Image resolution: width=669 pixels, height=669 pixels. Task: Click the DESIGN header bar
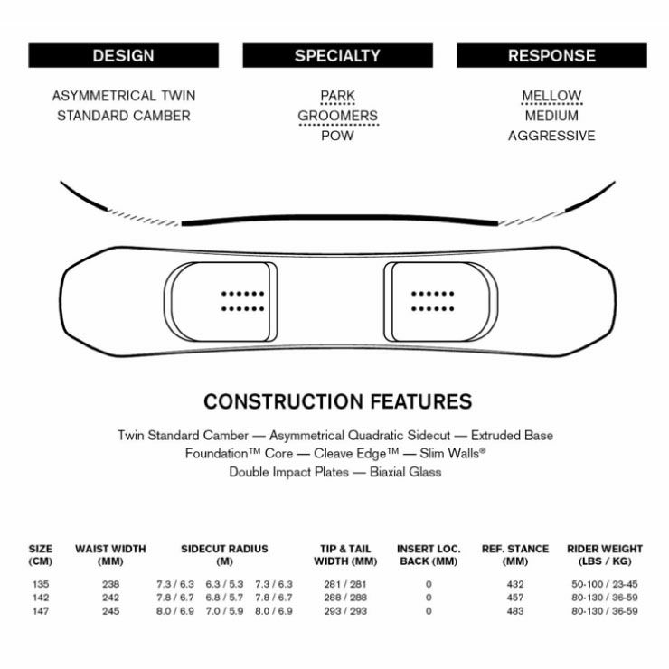[124, 56]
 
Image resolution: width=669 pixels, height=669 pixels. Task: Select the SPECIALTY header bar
[337, 56]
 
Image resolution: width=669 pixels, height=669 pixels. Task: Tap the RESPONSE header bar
[551, 56]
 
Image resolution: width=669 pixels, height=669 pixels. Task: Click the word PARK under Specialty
[337, 96]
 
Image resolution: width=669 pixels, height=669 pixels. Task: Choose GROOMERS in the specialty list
[337, 116]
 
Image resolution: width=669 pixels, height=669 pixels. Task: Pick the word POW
[337, 136]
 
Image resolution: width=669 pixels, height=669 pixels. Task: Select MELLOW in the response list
[551, 96]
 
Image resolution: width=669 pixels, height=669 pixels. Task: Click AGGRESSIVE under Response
[551, 136]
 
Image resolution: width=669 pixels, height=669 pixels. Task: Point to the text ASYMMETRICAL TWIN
[124, 96]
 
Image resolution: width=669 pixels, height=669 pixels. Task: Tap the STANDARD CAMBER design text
[124, 116]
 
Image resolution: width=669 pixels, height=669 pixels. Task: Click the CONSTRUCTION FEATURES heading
[337, 401]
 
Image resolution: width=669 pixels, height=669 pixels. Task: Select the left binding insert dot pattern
[242, 301]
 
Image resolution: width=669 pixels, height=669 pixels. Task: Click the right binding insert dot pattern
[432, 301]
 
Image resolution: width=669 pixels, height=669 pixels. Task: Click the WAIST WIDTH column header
[110, 554]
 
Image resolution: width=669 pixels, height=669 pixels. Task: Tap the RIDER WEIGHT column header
[605, 554]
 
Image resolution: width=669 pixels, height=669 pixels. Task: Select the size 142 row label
[40, 598]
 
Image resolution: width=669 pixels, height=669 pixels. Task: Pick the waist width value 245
[110, 611]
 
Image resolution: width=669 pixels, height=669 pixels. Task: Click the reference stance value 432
[516, 584]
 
